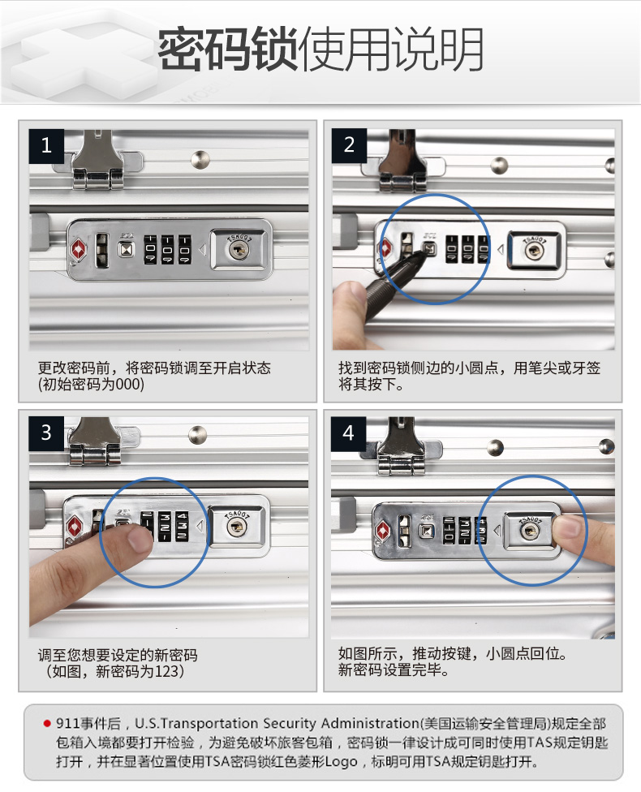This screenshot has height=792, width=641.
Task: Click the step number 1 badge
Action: click(x=46, y=146)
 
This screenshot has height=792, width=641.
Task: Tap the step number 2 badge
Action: click(x=349, y=145)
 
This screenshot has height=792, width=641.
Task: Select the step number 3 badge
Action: click(x=46, y=433)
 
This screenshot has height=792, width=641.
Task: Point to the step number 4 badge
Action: click(x=349, y=433)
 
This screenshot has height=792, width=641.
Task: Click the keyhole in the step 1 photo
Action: click(x=239, y=249)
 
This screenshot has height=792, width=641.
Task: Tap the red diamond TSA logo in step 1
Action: click(x=78, y=250)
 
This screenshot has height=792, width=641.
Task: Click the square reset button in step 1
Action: click(x=126, y=249)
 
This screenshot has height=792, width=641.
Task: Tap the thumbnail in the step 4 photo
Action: click(x=567, y=527)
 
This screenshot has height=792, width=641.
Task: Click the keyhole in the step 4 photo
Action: click(x=529, y=531)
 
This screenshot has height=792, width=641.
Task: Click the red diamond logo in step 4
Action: click(x=384, y=532)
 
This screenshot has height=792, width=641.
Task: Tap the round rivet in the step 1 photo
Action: click(x=200, y=159)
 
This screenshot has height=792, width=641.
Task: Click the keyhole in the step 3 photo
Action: click(x=235, y=527)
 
